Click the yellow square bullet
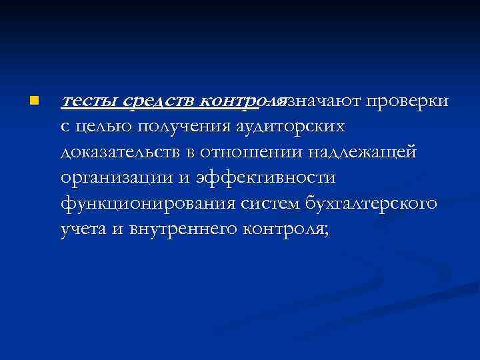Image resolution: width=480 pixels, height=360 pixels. coord(33,101)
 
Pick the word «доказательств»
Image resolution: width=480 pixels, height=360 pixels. coord(119,152)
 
